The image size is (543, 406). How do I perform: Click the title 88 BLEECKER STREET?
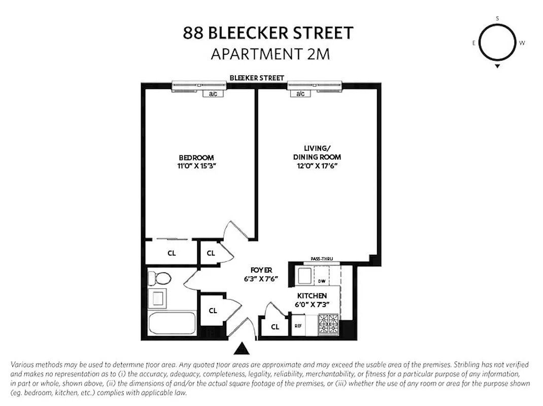coord(268,33)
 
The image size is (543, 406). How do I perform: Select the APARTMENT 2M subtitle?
coord(270,54)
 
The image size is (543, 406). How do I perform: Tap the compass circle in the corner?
coord(497,43)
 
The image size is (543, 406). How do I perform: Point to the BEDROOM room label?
coord(196,158)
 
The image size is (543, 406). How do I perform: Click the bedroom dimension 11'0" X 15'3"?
coord(196,165)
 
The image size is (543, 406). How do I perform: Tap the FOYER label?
coord(261,270)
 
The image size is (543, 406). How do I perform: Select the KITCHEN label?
coord(312,296)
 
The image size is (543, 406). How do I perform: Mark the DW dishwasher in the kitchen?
coord(321,281)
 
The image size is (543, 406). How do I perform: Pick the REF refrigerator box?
coord(298,326)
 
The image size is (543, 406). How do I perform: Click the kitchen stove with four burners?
coord(328,324)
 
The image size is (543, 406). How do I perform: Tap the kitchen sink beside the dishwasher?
coord(304,277)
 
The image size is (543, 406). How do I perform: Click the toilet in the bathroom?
coord(159,278)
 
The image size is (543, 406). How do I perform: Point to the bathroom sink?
coord(157,298)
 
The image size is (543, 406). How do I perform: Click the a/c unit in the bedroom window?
coord(212,94)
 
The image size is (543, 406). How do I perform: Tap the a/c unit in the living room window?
coord(300,94)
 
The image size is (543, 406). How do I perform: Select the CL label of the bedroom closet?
coord(172,253)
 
